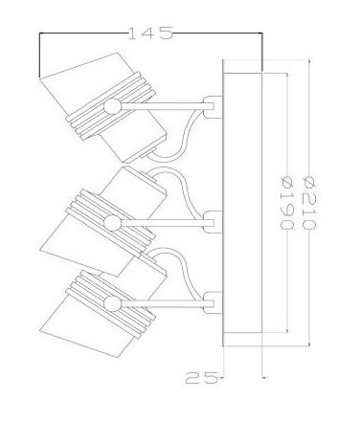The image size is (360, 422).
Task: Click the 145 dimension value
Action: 150,33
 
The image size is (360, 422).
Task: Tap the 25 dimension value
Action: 201,378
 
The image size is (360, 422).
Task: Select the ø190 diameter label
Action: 286,203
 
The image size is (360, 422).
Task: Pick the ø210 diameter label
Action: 308,203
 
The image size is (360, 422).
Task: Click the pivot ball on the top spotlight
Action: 112,106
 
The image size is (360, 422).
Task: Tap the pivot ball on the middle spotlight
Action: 112,223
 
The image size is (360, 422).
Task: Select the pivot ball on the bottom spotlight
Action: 112,303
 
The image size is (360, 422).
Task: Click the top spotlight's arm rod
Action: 163,106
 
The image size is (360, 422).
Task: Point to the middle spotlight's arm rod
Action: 163,223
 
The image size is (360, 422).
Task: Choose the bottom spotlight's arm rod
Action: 163,303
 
